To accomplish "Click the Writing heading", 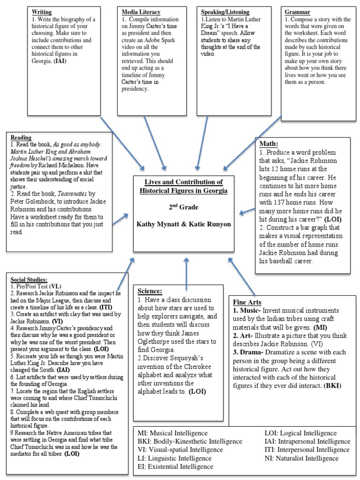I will click(42, 12).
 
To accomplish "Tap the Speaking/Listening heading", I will click(225, 12).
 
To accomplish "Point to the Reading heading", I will click(21, 138).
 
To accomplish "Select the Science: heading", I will click(150, 291).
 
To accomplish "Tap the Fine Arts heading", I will click(247, 302).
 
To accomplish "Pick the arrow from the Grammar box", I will click(253, 141).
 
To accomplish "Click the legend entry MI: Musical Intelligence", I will click(172, 433).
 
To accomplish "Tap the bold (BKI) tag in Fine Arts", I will click(331, 386).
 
